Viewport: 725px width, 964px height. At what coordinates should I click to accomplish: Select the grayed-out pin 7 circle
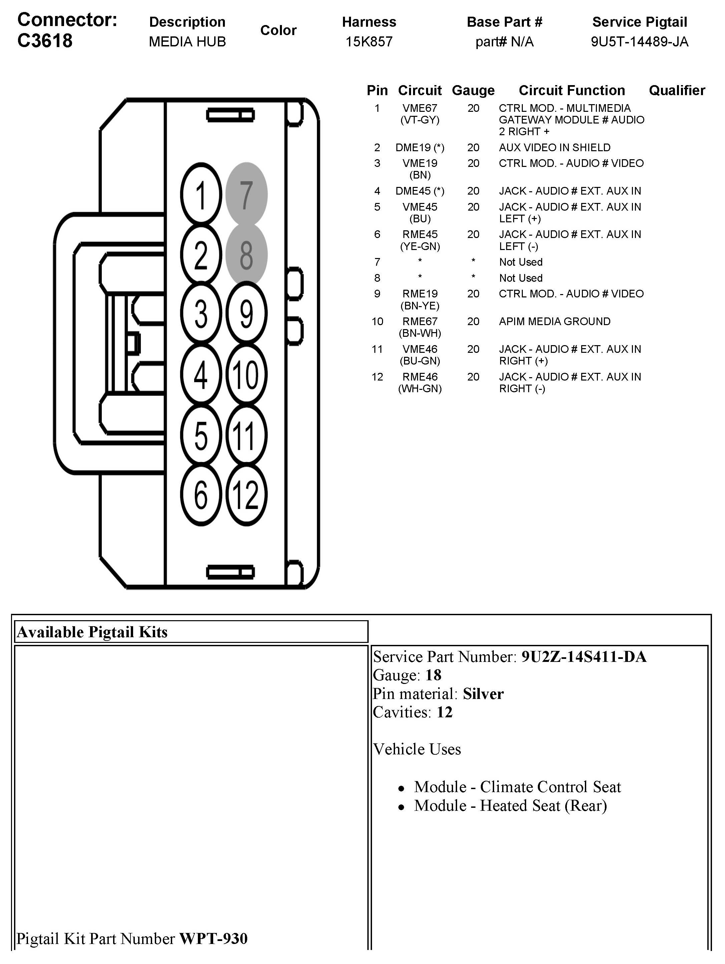246,194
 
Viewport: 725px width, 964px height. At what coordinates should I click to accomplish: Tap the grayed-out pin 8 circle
246,254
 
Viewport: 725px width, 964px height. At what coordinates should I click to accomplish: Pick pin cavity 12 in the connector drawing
246,495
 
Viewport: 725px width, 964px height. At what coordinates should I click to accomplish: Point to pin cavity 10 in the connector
246,375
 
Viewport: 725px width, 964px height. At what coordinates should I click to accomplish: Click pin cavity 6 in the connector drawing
201,495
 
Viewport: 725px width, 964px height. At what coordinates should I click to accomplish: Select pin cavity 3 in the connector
201,314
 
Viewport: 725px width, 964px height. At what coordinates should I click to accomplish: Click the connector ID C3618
45,40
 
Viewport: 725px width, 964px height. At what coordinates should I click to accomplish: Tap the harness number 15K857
369,42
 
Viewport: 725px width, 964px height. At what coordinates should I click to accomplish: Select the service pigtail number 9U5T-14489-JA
640,42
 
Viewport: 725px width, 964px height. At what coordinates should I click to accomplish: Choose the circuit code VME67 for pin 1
420,108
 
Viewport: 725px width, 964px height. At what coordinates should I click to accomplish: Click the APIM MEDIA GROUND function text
555,322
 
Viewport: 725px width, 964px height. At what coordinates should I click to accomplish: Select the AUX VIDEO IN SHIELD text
555,148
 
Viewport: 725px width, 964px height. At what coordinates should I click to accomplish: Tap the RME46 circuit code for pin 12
420,377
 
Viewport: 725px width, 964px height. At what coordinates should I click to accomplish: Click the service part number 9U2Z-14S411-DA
584,657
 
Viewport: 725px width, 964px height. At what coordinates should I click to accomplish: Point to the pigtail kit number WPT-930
214,938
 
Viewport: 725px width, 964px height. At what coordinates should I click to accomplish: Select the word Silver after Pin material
483,694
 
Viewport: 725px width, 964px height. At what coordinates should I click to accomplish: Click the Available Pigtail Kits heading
92,632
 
